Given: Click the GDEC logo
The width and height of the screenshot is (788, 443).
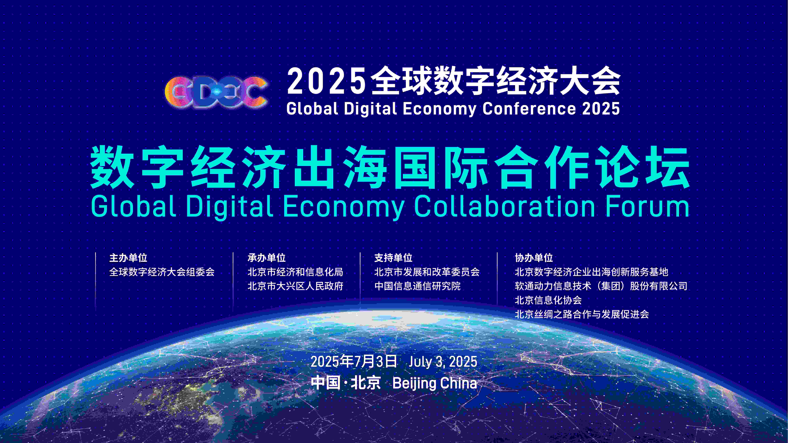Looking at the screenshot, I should point(216,92).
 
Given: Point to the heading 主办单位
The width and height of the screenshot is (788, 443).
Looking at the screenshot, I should point(128,258).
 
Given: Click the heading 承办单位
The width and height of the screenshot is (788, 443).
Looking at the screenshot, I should point(266,258).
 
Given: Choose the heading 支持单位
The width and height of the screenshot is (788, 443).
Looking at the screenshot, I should point(393,258).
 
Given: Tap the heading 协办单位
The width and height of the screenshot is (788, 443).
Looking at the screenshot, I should point(534,258).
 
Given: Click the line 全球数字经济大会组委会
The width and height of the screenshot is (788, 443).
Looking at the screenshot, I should point(162,272).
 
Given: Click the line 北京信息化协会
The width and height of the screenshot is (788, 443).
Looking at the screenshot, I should point(548,300).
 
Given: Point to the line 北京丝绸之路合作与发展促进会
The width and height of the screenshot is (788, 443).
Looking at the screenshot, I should point(582,314).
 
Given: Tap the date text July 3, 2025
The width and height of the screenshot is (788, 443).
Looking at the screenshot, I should point(443,362).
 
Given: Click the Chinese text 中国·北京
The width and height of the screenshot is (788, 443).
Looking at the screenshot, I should point(346,383).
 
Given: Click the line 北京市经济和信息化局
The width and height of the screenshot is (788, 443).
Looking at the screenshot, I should point(295,272).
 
